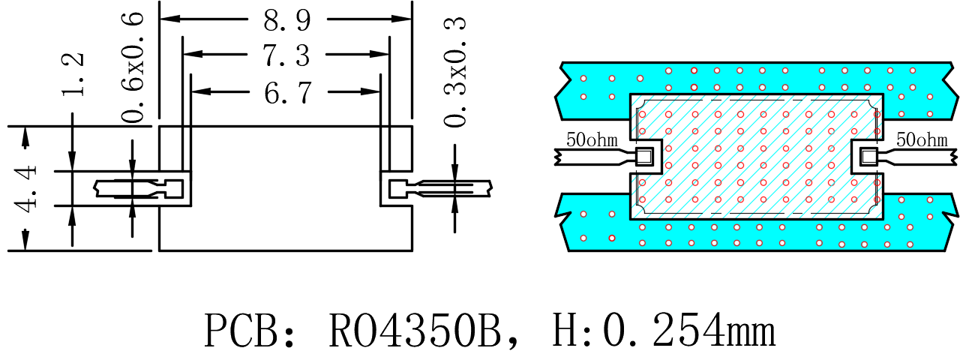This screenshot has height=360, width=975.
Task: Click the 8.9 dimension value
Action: [x=287, y=20]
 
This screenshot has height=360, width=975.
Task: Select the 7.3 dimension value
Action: [x=286, y=55]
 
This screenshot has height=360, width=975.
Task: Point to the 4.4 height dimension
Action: [x=25, y=188]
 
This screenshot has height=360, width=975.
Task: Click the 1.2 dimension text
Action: [x=73, y=74]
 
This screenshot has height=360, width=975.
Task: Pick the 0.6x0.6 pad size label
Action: [x=132, y=68]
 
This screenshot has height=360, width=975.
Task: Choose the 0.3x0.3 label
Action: [x=455, y=72]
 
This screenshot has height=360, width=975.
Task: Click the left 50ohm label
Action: [x=592, y=139]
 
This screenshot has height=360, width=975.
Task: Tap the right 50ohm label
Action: [x=922, y=139]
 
